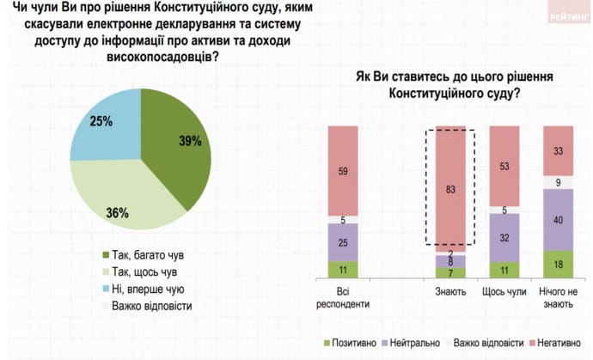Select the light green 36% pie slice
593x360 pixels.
point(120,202)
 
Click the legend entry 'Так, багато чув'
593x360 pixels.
point(143,255)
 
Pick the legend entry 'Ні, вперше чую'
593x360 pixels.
point(143,288)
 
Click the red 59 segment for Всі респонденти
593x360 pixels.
point(344,172)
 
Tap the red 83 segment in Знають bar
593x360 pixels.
point(450,189)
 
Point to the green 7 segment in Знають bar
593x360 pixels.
point(450,272)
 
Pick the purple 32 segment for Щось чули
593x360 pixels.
point(504,238)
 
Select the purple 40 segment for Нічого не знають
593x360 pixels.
point(559,220)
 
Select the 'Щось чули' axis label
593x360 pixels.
point(504,291)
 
